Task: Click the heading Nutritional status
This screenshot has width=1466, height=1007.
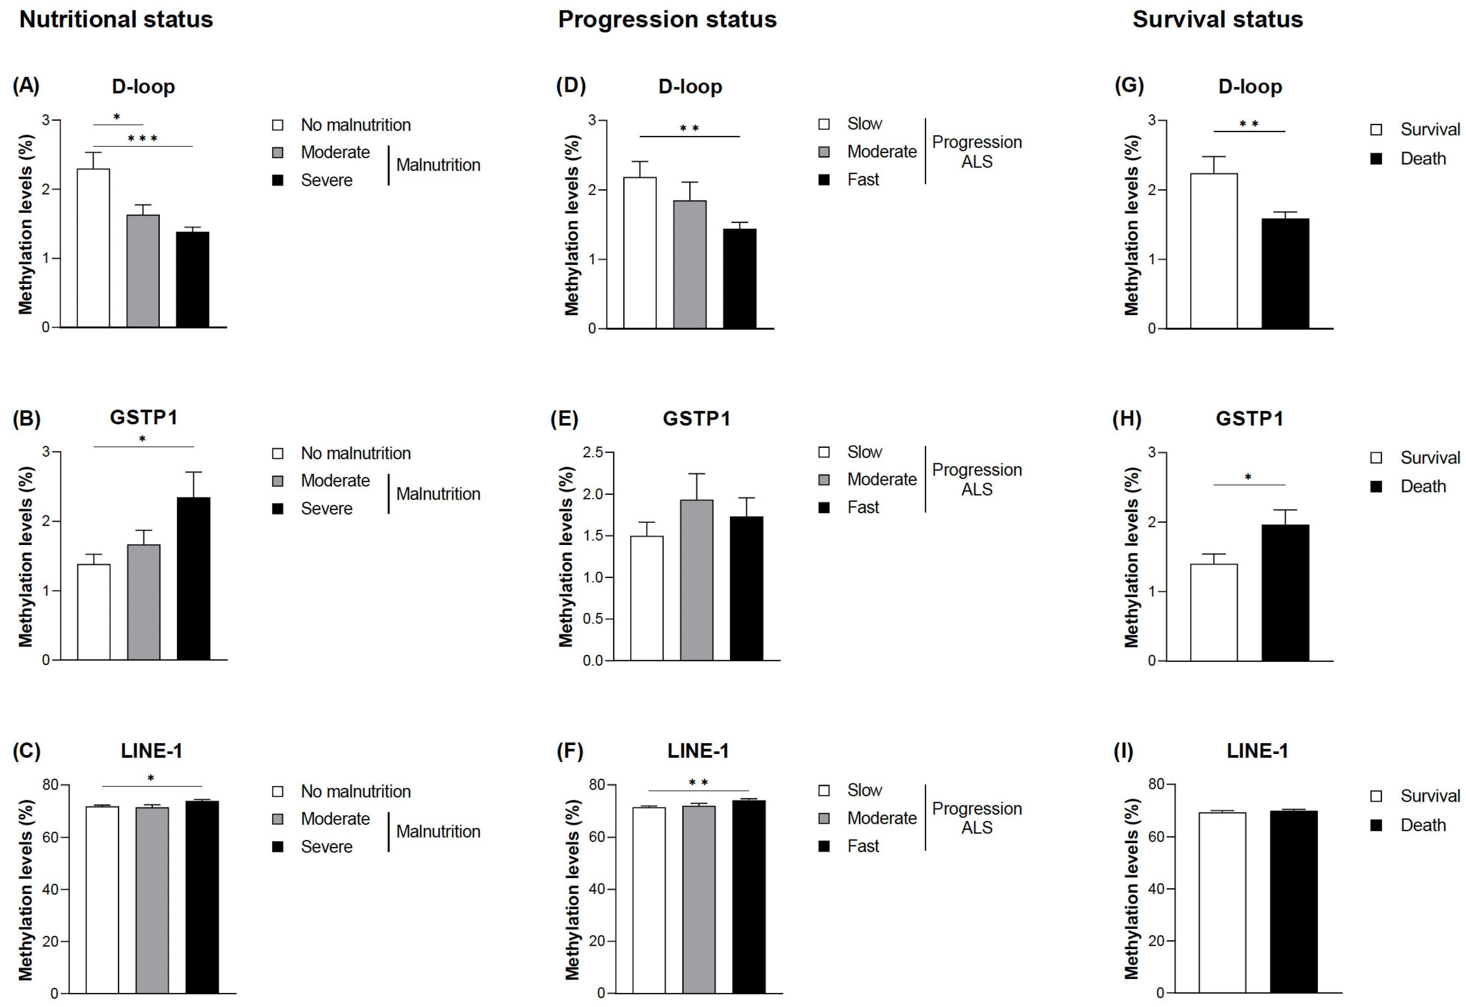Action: click(116, 20)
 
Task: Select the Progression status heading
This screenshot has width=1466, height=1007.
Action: click(667, 20)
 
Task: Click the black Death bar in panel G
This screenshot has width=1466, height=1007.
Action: click(1285, 273)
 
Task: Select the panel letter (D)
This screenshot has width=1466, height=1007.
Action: click(570, 85)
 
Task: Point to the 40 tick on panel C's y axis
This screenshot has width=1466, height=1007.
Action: click(50, 889)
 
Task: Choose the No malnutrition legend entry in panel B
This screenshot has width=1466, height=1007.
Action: click(355, 453)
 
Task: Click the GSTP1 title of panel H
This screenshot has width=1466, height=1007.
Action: click(1249, 418)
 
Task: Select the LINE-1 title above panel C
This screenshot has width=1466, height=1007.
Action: click(152, 751)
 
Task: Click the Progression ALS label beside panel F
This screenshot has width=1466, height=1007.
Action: click(977, 818)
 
